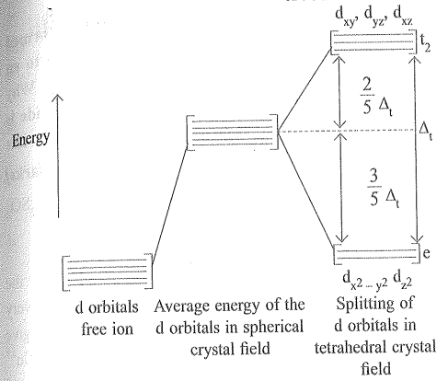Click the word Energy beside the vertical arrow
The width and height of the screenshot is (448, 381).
[30, 139]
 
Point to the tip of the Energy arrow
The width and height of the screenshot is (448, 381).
[58, 95]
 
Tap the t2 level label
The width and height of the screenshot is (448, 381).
[425, 43]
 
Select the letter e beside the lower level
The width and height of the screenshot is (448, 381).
[426, 253]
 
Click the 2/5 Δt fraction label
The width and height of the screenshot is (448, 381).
[376, 96]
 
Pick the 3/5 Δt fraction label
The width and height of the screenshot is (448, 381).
[384, 188]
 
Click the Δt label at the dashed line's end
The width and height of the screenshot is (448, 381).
[426, 132]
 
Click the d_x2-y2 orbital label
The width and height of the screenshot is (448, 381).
[365, 281]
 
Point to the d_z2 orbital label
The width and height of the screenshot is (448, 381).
[402, 280]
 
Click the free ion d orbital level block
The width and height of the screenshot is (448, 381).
[107, 271]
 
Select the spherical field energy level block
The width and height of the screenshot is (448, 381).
[232, 133]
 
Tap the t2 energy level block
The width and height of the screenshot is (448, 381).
[373, 42]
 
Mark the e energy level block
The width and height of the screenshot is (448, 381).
[376, 254]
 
